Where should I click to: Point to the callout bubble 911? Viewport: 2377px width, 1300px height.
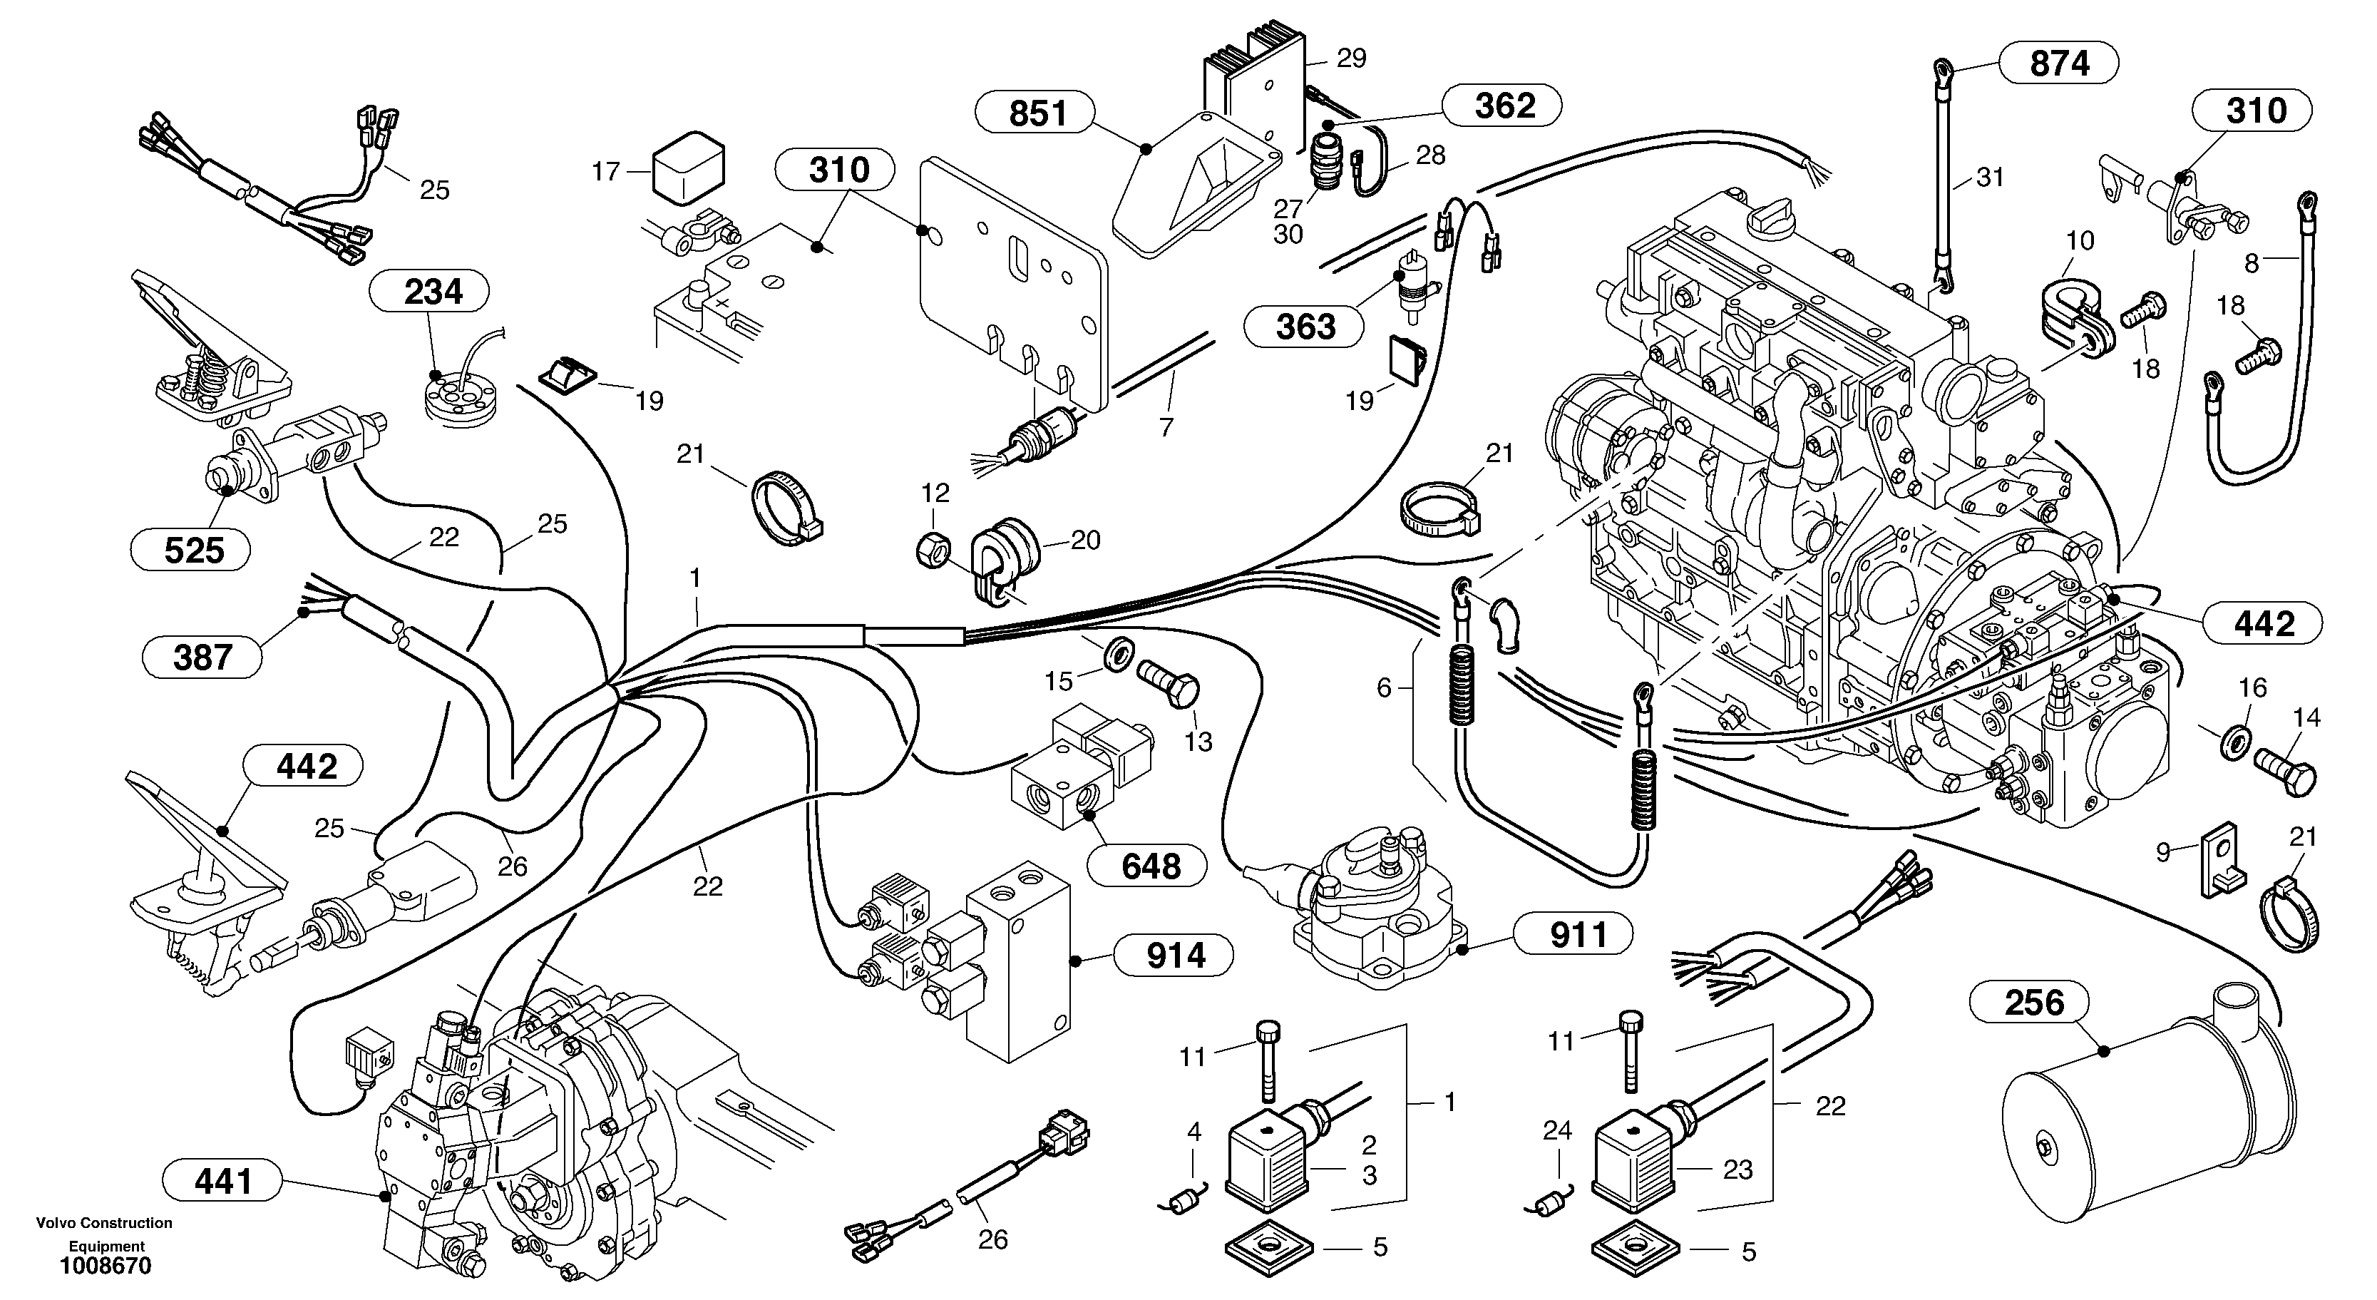click(1577, 935)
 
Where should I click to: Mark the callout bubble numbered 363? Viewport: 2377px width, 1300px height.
click(1304, 326)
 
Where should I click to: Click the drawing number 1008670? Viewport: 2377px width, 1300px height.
click(106, 1266)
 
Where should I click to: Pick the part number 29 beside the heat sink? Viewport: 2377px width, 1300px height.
click(1351, 59)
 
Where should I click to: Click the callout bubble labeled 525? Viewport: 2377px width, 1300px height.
click(192, 550)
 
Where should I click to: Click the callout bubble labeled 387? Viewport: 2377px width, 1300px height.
click(202, 657)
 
